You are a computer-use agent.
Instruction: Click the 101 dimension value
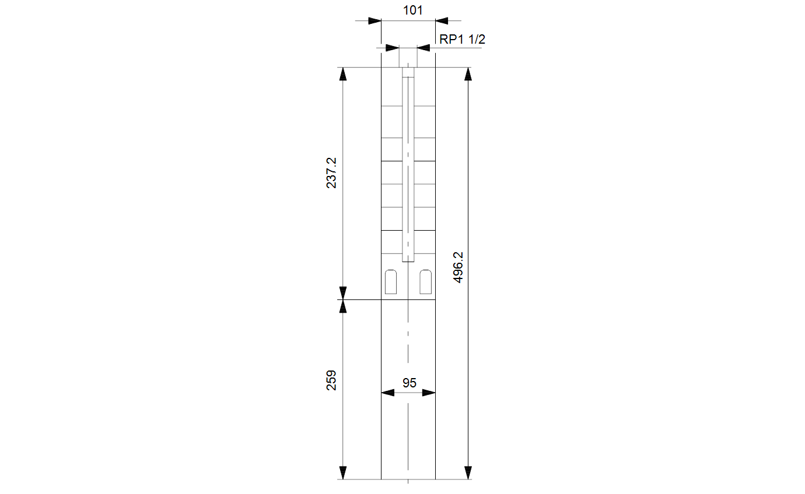click(412, 10)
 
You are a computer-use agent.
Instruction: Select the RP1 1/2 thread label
click(462, 39)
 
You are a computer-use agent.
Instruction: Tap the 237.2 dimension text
click(331, 172)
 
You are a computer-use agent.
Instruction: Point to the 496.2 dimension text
click(458, 267)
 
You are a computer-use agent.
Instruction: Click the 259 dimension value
click(331, 380)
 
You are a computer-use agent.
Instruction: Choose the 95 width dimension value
click(409, 383)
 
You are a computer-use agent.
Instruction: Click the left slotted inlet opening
click(391, 282)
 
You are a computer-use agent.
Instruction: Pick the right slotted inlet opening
click(425, 282)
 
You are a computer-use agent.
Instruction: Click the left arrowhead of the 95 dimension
click(388, 393)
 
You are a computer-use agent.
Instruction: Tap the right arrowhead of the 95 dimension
click(429, 393)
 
